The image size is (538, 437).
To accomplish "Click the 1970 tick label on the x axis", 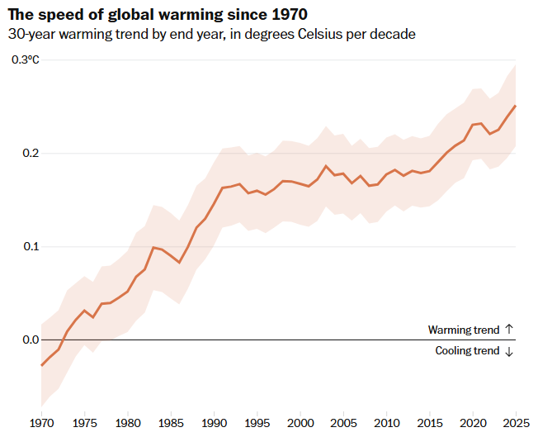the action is [x=41, y=423].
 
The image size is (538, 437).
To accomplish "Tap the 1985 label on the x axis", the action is [x=171, y=423].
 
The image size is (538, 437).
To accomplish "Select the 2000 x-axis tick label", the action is [x=300, y=423].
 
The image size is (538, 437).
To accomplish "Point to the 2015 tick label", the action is [x=430, y=423].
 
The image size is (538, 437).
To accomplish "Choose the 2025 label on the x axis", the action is [x=516, y=423].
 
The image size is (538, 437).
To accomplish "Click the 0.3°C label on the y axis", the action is [x=26, y=59].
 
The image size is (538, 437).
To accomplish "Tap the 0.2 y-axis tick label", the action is [x=31, y=153].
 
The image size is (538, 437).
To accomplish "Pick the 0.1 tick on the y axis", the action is [x=31, y=247].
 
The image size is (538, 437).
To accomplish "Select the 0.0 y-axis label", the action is [x=31, y=340].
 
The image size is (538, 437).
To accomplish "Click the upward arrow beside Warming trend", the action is [x=509, y=329].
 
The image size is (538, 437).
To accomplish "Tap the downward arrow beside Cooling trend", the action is [x=509, y=351].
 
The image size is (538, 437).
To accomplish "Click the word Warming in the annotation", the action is [x=449, y=330].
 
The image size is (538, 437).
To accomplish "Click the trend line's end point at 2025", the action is [x=516, y=106].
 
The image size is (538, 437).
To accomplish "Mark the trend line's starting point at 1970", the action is [x=41, y=365].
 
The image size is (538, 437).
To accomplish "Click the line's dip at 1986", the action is [x=179, y=263].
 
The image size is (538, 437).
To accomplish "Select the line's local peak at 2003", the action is [x=326, y=166].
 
